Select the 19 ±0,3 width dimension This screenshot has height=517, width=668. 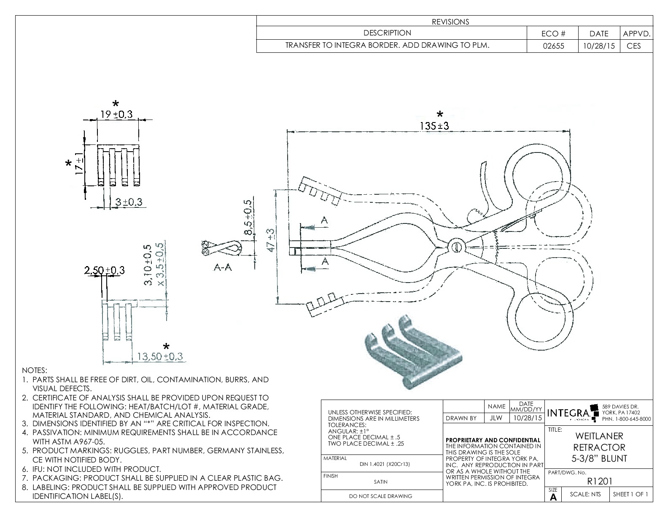pyautogui.click(x=116, y=114)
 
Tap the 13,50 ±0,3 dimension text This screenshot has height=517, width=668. pyautogui.click(x=159, y=356)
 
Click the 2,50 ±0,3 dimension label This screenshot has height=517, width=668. pyautogui.click(x=104, y=270)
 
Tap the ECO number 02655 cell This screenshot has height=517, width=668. pyautogui.click(x=552, y=46)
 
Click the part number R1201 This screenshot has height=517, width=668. pyautogui.click(x=599, y=481)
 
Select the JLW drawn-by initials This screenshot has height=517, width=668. pyautogui.click(x=496, y=418)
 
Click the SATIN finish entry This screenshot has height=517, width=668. pyautogui.click(x=380, y=482)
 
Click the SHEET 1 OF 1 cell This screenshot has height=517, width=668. pyautogui.click(x=630, y=494)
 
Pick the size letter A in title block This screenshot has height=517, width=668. pyautogui.click(x=553, y=498)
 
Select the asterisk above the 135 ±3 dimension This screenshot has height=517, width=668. pyautogui.click(x=440, y=114)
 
